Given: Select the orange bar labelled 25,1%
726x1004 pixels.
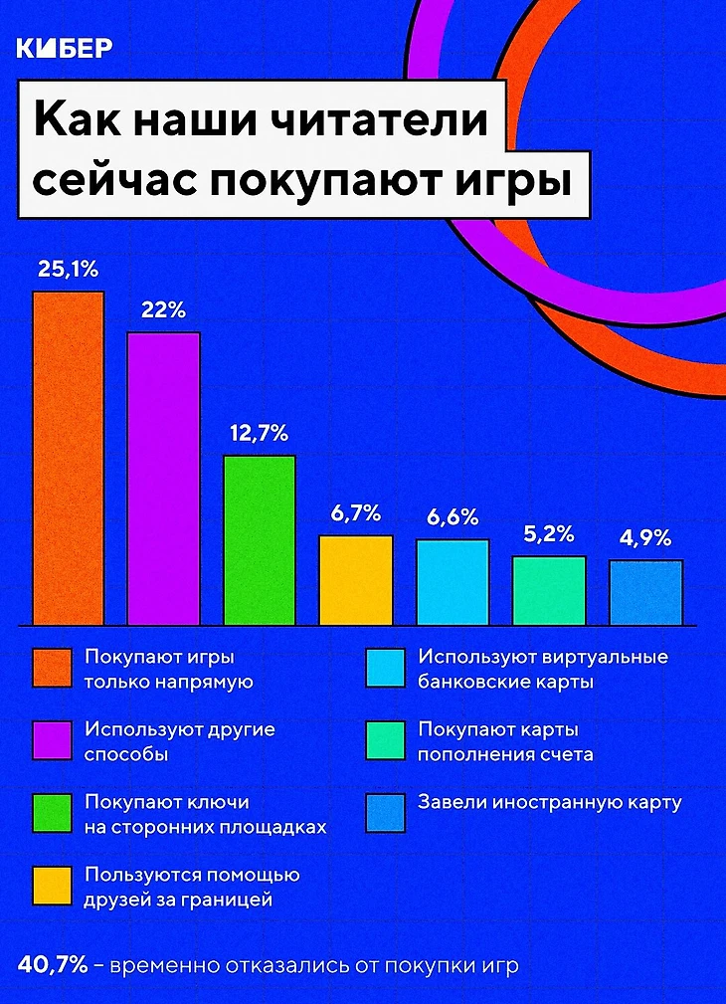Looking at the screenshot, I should pos(69,458).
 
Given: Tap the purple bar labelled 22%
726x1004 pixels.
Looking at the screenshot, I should pos(163,478).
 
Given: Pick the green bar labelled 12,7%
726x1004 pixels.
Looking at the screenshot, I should pos(260,539).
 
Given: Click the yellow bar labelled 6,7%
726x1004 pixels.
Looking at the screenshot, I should pos(356,579).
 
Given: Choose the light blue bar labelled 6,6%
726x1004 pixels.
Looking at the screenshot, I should pos(453,581).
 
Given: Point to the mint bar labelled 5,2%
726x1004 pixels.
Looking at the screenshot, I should pos(549,589).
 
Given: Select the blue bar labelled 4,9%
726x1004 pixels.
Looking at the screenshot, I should pos(645,591).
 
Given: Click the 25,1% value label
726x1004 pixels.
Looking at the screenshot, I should pos(68,269).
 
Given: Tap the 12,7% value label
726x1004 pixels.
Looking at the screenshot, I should pos(259,433).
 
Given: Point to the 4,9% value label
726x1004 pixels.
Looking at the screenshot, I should pos(645,538).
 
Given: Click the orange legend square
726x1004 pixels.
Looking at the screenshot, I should pos(52,669).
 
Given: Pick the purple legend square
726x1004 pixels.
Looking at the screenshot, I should pos(52,741).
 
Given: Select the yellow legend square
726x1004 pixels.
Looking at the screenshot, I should pos(52,887).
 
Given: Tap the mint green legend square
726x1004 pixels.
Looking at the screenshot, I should pos(385,741).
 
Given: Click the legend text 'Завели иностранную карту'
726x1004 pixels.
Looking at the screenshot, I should pos(550,803).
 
